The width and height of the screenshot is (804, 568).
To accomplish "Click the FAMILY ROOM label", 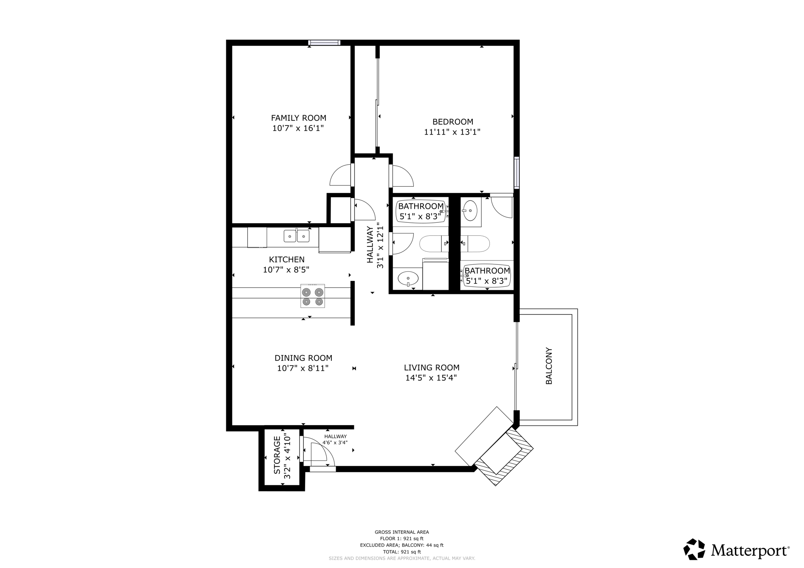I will [x=298, y=118].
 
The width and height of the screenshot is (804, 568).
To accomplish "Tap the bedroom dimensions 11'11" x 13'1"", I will [x=452, y=132].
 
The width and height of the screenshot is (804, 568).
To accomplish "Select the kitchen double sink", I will [x=296, y=236].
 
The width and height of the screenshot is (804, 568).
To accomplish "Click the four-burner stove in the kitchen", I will [x=312, y=296].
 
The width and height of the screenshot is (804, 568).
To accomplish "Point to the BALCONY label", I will [x=549, y=366].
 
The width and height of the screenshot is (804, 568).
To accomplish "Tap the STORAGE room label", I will [x=277, y=457].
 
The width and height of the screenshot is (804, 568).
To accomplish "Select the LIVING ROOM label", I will [x=431, y=368].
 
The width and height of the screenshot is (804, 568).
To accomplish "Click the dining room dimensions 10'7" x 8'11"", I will [x=303, y=368].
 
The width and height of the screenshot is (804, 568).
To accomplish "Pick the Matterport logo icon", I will [x=694, y=549].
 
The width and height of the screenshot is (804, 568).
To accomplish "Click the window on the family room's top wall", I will [x=324, y=43].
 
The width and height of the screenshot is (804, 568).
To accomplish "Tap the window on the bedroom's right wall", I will [x=517, y=173].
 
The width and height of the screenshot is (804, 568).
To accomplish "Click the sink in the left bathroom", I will [x=408, y=279].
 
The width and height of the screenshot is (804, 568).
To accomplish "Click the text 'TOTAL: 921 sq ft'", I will [x=402, y=552].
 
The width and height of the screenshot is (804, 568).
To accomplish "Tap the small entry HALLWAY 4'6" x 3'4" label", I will [x=335, y=439].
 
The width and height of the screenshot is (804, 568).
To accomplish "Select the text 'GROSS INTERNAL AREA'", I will [x=402, y=532].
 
